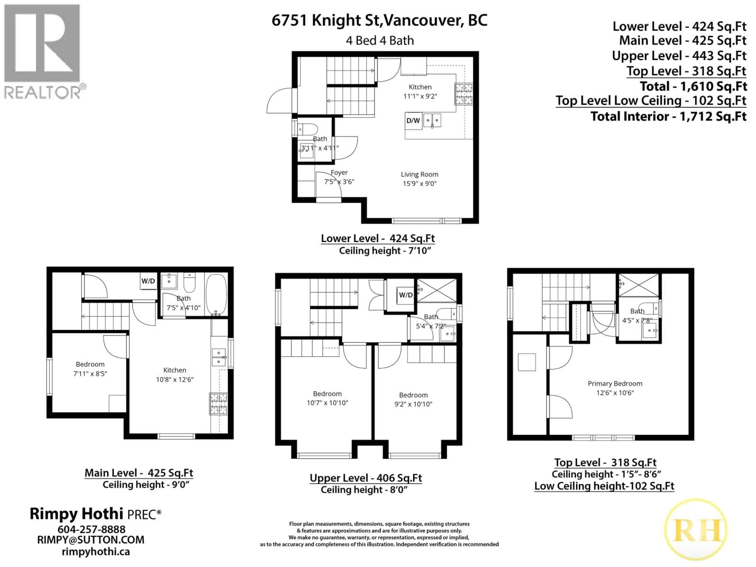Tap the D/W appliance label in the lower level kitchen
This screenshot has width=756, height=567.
(413, 121)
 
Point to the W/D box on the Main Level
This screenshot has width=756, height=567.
(148, 281)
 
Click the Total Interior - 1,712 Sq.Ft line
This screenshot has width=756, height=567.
(668, 117)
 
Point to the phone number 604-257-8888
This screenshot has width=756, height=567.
(91, 529)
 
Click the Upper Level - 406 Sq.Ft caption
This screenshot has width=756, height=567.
(366, 478)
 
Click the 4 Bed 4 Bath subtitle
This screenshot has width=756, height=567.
(380, 41)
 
